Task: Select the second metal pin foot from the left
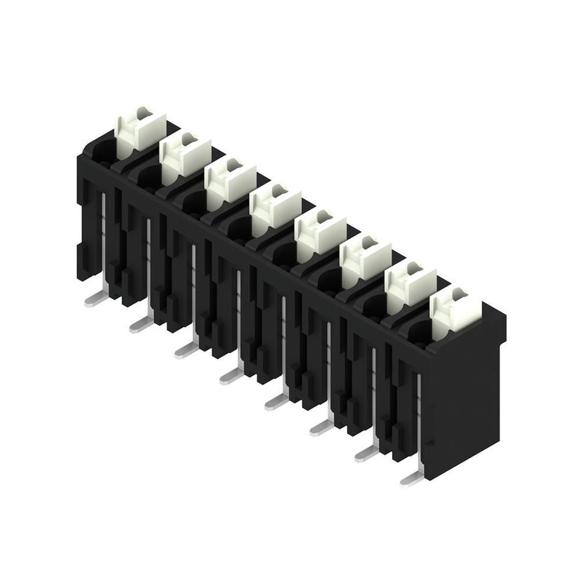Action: pos(140,325)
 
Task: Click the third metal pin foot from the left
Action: pos(185,351)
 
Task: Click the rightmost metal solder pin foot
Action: pos(411,479)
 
